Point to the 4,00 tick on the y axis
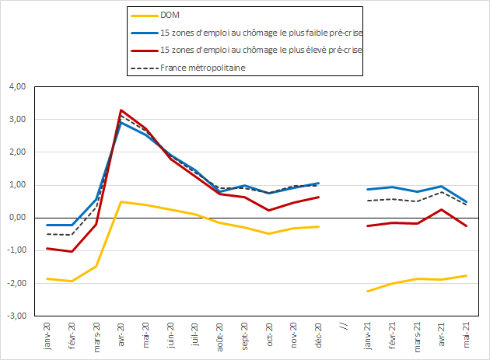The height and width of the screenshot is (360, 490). [16, 86]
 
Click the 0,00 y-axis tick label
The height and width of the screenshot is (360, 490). [16, 218]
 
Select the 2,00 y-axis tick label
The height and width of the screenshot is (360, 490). [16, 152]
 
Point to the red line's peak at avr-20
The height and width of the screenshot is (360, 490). [121, 110]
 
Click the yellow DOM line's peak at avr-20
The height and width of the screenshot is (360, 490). [121, 201]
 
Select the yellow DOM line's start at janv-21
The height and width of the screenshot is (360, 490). [368, 292]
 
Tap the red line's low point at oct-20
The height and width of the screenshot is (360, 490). [269, 210]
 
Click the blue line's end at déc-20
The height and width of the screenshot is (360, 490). [319, 183]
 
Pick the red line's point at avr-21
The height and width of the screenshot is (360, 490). [442, 209]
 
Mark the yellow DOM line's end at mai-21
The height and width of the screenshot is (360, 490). [467, 275]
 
